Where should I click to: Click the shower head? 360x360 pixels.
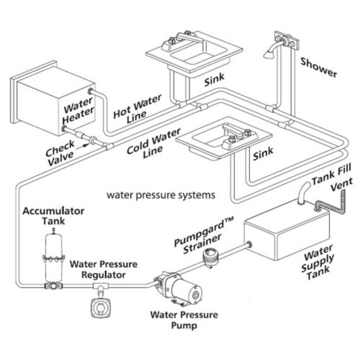click(x=268, y=54)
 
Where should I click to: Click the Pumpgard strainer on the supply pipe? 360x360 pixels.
click(x=211, y=258)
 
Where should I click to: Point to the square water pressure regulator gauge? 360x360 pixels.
click(x=100, y=308)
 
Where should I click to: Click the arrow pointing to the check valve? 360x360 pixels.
click(x=83, y=145)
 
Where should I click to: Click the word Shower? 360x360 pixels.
click(x=319, y=67)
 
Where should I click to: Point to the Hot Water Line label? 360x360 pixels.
click(x=137, y=109)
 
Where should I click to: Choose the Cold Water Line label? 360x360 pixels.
click(x=153, y=144)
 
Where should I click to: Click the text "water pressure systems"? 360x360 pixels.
click(x=161, y=195)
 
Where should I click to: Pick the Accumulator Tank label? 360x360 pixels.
click(x=54, y=216)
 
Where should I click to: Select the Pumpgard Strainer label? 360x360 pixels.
click(x=203, y=236)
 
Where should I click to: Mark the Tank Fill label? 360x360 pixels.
click(x=332, y=174)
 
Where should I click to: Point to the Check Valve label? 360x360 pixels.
click(x=60, y=152)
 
